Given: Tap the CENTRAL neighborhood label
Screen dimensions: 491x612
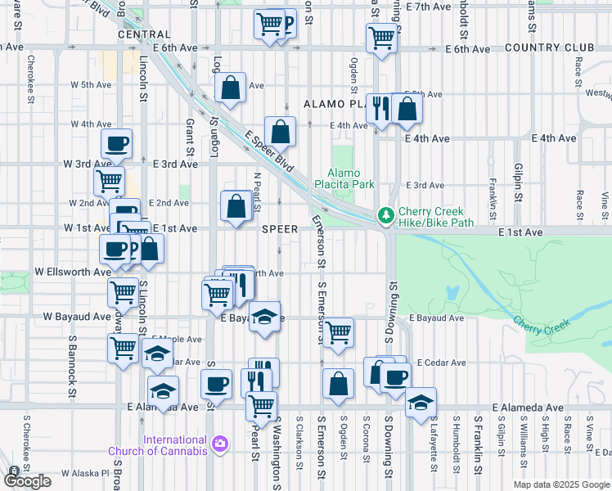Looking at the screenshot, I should (x=144, y=35).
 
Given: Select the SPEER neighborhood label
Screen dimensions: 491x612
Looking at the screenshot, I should (x=279, y=230).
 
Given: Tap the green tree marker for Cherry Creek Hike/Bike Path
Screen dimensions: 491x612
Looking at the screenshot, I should (x=384, y=215).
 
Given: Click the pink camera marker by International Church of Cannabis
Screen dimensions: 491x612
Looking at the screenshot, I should (x=219, y=444).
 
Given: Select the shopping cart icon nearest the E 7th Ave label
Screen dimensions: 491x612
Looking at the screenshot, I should (x=382, y=37).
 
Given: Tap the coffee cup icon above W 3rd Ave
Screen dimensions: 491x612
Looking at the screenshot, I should (x=116, y=143).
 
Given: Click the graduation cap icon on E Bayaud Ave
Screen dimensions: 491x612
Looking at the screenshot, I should (x=264, y=316).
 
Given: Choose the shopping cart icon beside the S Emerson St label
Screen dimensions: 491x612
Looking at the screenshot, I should (x=337, y=331).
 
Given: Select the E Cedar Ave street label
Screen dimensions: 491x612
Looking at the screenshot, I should (x=441, y=363).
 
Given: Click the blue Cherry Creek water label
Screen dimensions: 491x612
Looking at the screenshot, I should (x=539, y=322).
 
